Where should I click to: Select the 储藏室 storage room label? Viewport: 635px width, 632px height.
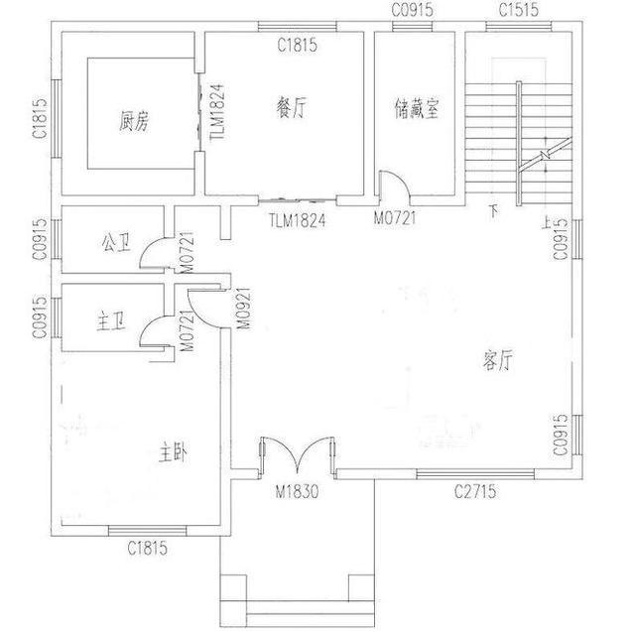click(416, 108)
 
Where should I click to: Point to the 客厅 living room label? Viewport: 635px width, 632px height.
click(497, 361)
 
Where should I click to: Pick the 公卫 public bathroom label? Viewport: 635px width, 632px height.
click(114, 243)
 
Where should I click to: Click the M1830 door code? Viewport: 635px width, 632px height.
click(296, 492)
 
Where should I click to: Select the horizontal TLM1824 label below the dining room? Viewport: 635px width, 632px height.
click(297, 220)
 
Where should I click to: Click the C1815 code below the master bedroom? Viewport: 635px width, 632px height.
click(147, 547)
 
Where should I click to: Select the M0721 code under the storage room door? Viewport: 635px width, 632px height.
click(394, 217)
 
